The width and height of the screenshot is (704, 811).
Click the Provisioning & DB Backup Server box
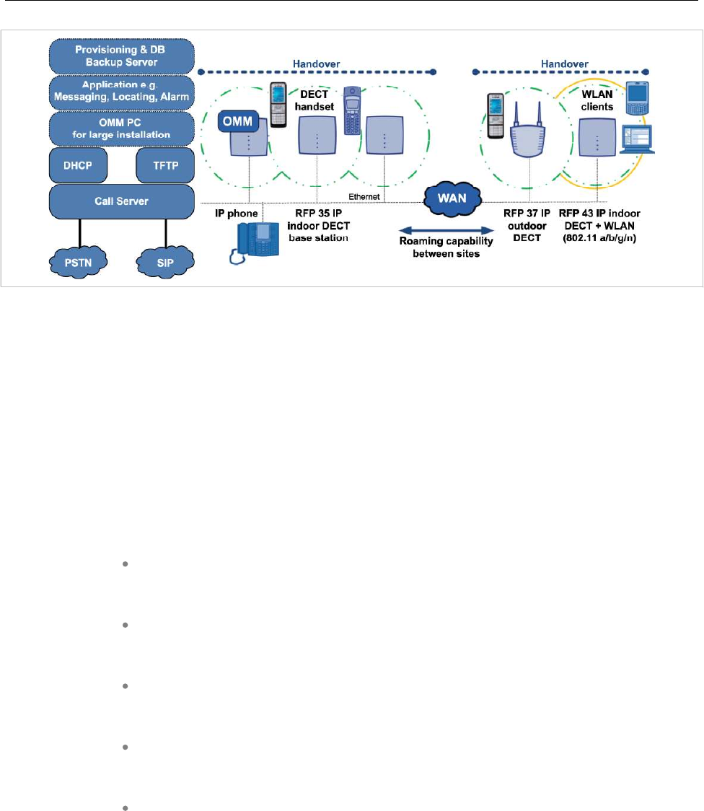(121, 56)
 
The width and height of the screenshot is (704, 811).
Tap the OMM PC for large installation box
(121, 128)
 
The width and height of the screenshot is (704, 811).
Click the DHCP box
(78, 165)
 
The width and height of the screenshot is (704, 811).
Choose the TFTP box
(165, 165)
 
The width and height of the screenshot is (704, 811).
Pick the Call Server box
(121, 201)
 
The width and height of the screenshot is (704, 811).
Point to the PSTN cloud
(78, 262)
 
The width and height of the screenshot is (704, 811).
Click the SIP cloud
(165, 262)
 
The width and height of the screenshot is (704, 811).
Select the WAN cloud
(452, 198)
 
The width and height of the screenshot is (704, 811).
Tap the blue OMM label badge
(238, 121)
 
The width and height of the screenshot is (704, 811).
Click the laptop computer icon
(638, 139)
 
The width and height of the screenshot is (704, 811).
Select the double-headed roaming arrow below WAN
(446, 230)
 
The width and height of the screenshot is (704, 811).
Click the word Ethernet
(364, 196)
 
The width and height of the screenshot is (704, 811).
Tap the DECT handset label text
(314, 100)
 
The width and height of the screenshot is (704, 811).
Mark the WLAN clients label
(597, 100)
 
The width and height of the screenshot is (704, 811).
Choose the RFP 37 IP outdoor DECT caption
(527, 226)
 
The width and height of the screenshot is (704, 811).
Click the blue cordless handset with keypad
(352, 110)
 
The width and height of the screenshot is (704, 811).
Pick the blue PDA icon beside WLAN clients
(637, 98)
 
